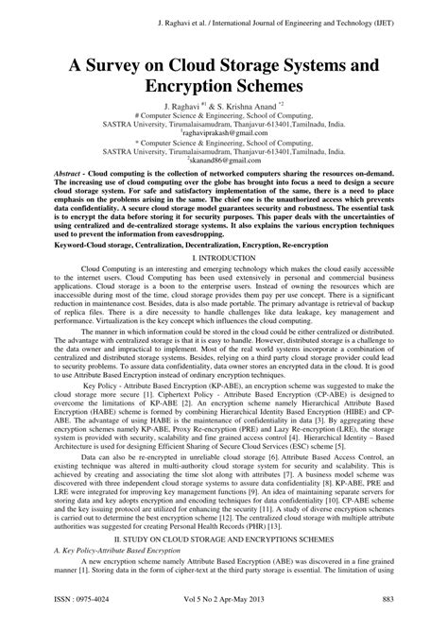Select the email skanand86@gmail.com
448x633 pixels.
pos(225,162)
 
